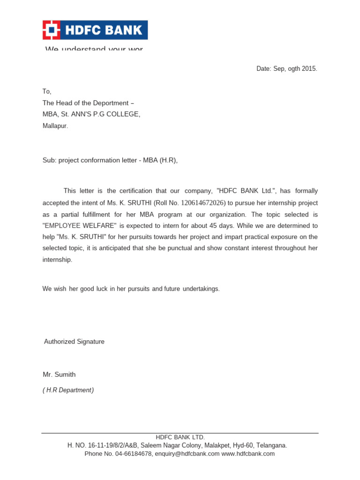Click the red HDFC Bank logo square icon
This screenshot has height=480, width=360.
(x=52, y=30)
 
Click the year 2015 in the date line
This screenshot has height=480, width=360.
(x=309, y=69)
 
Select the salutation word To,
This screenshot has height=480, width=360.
(x=47, y=92)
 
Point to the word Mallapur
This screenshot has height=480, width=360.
(x=55, y=126)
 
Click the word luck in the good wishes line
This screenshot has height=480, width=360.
(x=102, y=289)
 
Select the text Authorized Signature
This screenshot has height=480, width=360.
(x=74, y=342)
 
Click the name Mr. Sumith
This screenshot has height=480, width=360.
(x=59, y=375)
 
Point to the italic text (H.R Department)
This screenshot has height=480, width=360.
(x=68, y=390)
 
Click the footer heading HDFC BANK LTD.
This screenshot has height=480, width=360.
(x=180, y=437)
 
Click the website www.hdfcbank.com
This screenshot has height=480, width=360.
(x=248, y=454)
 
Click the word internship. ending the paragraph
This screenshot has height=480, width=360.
(x=57, y=260)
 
